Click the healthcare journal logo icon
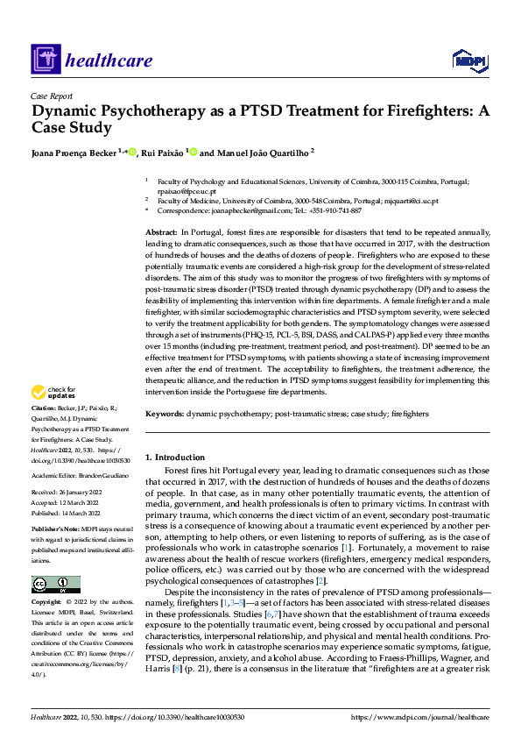click(x=45, y=60)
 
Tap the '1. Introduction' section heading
click(x=175, y=458)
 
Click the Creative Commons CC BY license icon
click(x=55, y=585)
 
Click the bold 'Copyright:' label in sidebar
click(x=46, y=603)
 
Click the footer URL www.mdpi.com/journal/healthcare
click(x=420, y=718)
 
